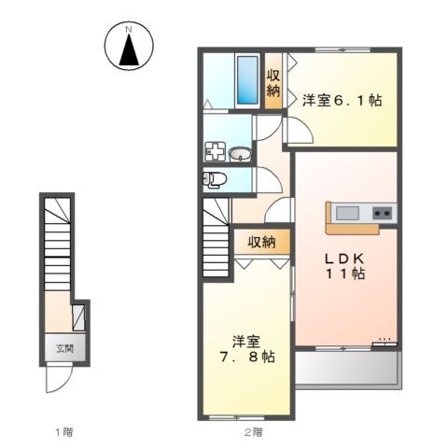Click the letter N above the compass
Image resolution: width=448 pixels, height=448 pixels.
(x=129, y=30)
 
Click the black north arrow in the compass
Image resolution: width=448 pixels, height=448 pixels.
(x=129, y=49)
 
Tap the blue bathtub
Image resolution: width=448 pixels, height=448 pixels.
(x=247, y=80)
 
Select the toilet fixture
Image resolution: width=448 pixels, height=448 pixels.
(x=215, y=179)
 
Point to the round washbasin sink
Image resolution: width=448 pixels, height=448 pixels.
(x=240, y=154)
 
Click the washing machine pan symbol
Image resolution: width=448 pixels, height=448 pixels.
(x=215, y=151)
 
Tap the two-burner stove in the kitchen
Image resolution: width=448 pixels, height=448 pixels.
(x=383, y=213)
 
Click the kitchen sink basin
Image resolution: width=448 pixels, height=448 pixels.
(x=347, y=213)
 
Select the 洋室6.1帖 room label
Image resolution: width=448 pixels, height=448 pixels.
(x=343, y=101)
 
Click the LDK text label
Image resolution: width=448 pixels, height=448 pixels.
(x=344, y=259)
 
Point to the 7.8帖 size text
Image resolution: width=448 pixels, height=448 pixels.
(x=247, y=357)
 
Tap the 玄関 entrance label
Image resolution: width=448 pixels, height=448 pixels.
(x=64, y=348)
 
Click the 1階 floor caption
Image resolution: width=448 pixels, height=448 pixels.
(x=64, y=432)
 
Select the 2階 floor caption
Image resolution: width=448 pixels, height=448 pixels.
(x=253, y=432)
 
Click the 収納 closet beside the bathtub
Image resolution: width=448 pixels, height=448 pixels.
(x=273, y=82)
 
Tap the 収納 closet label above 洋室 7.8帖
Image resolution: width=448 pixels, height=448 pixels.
(x=261, y=242)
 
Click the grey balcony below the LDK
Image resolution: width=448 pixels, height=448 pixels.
(x=346, y=368)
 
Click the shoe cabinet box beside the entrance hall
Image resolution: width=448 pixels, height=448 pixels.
(x=78, y=317)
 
